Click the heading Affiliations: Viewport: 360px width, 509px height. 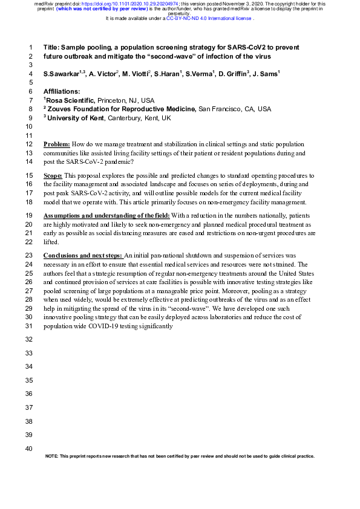[x=62, y=91]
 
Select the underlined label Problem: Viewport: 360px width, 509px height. [x=57, y=144]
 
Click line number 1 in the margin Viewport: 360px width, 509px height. [x=30, y=47]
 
